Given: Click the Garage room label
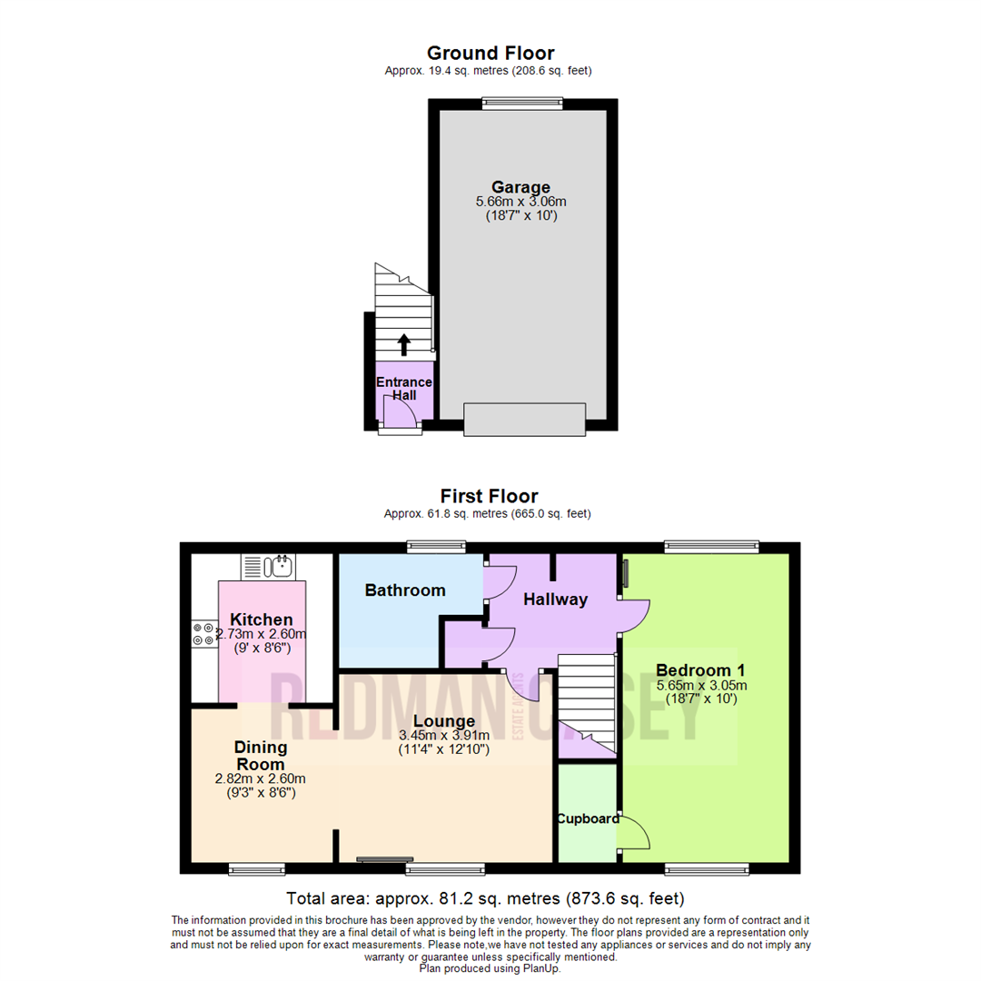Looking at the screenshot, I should coord(520,188).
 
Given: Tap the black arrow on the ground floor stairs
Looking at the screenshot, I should coord(404,343).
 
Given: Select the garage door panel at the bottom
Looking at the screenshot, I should coord(524,419).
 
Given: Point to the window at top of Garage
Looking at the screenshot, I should coord(522,104).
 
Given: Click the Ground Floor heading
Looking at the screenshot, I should coord(490,54).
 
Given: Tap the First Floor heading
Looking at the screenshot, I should coord(489,496).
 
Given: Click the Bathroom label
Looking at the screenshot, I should coord(405,590).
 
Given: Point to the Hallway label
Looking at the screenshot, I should coord(555,599).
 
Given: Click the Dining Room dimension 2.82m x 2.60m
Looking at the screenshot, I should coord(260,779).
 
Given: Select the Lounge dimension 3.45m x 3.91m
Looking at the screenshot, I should coord(444,736).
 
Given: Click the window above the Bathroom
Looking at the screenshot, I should coord(436,547).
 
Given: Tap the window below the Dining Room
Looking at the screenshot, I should coord(257,869).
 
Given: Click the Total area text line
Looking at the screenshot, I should coord(485,899).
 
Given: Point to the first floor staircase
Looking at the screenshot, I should coord(586,704).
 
